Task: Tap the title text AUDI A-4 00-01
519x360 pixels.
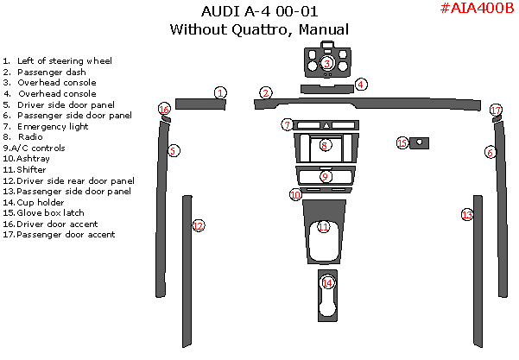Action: [259, 12]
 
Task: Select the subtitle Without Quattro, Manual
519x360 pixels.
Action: [259, 29]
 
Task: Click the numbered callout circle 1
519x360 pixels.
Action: [221, 92]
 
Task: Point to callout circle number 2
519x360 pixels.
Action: [266, 92]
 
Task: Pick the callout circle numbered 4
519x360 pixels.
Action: [361, 84]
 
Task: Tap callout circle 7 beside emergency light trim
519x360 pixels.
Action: [287, 125]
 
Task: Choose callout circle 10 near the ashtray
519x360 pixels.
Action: [295, 195]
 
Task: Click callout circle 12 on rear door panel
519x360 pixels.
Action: [198, 226]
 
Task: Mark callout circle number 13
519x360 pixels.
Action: [467, 214]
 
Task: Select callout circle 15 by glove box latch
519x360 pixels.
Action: [402, 142]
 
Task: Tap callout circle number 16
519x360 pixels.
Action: [164, 109]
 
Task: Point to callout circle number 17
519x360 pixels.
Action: [495, 110]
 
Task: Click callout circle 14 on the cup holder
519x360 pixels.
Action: [326, 282]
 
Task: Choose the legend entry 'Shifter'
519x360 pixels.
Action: [31, 169]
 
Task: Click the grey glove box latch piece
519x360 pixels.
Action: [421, 142]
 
